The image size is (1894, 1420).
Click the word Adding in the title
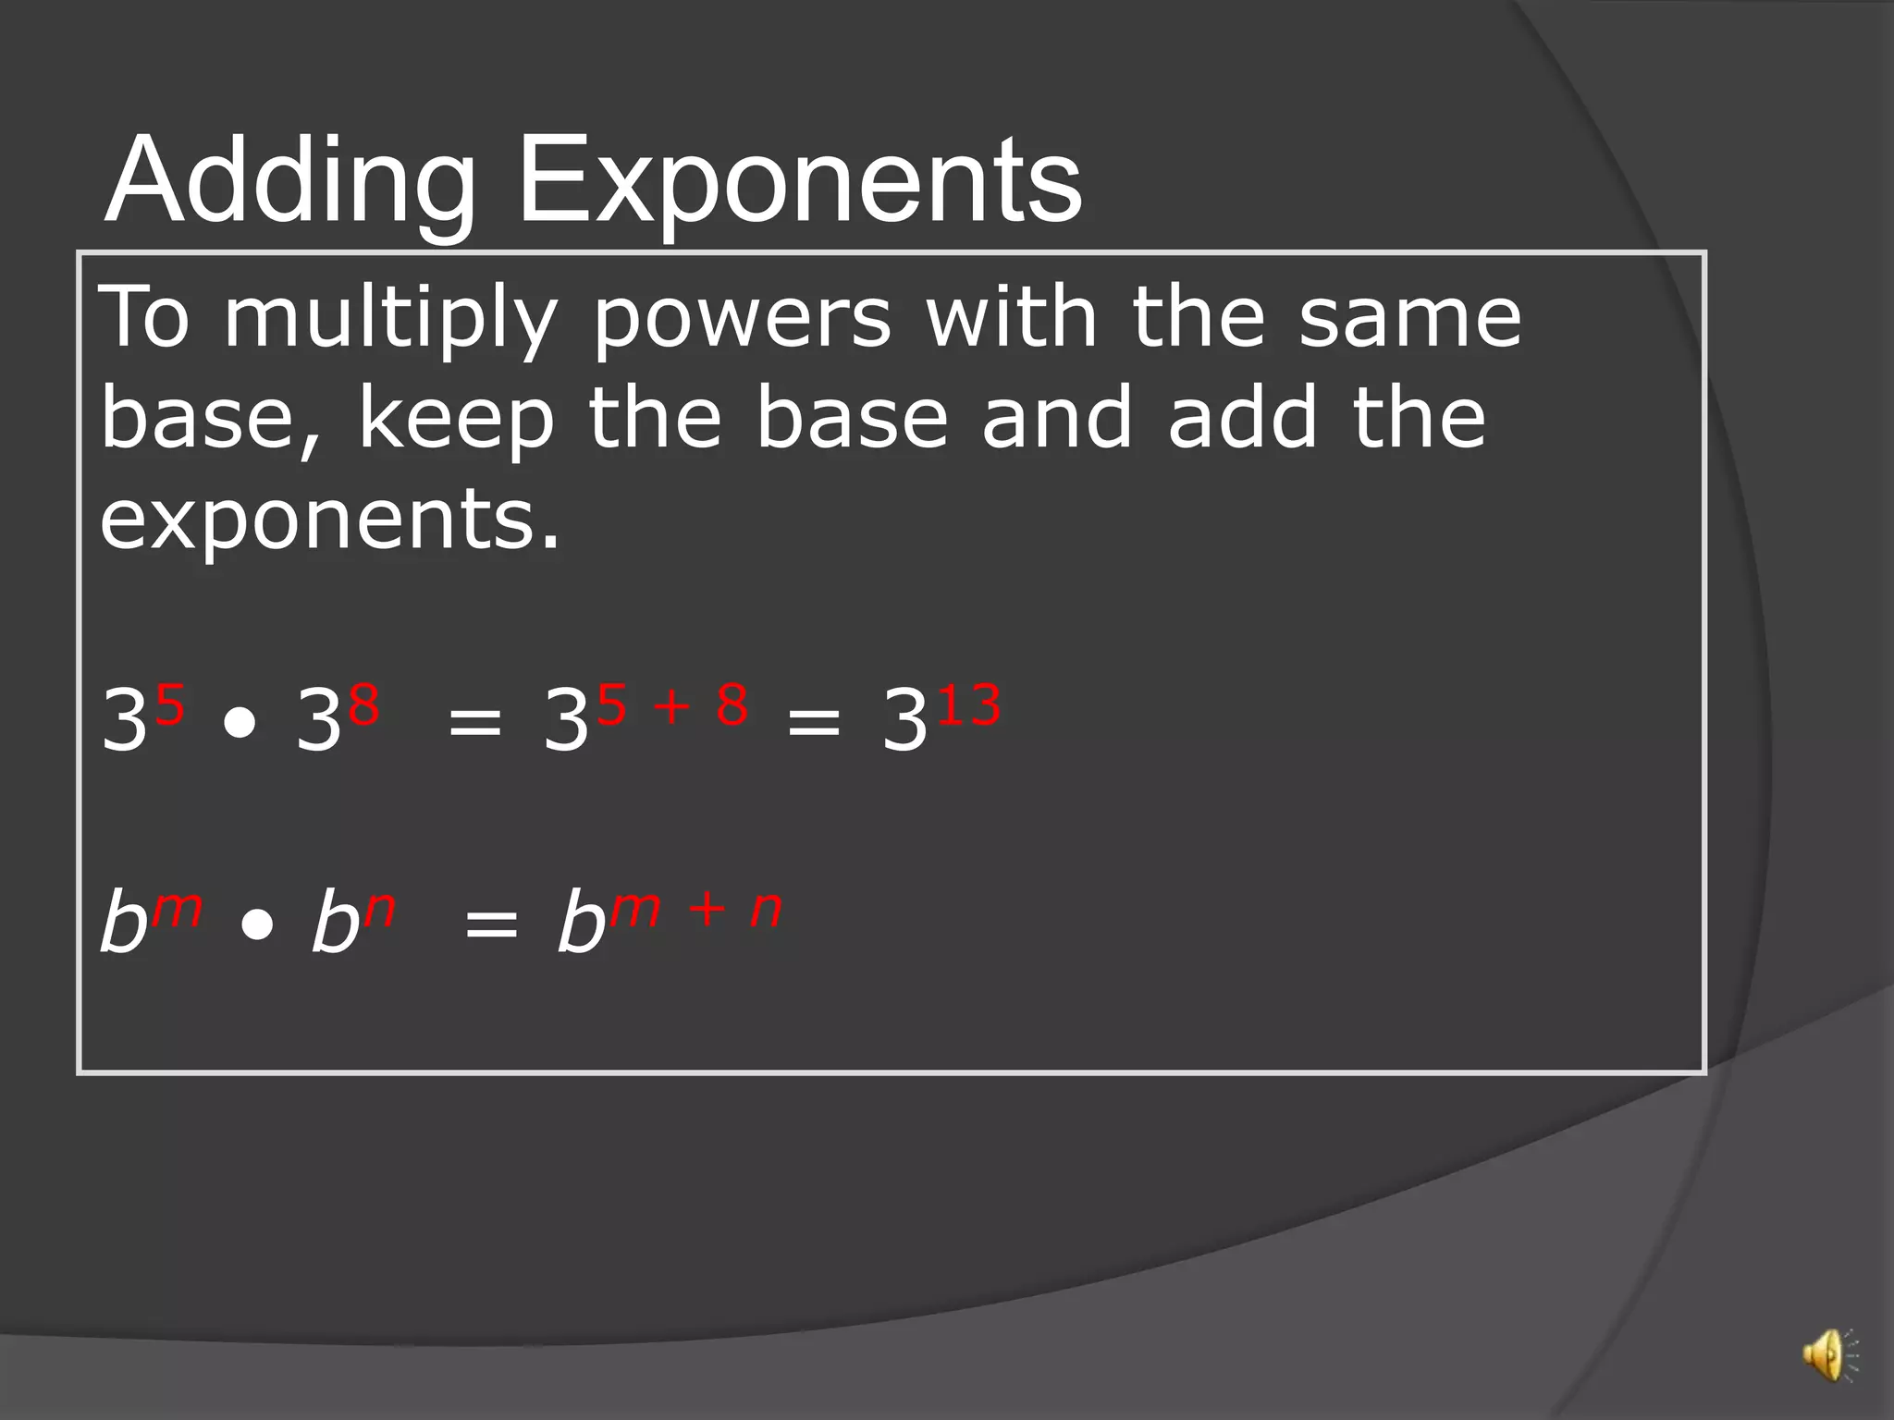(x=290, y=179)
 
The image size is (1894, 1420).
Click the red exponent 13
(x=969, y=705)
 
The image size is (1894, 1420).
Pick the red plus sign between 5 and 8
(x=672, y=707)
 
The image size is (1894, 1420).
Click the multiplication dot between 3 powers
(x=240, y=724)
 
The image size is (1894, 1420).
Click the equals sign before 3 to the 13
(x=814, y=722)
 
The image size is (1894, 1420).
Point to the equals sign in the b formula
(x=491, y=923)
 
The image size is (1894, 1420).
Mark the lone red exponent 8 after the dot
(x=364, y=705)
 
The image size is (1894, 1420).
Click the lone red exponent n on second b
(x=380, y=911)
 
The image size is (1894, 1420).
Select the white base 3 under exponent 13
(x=904, y=720)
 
